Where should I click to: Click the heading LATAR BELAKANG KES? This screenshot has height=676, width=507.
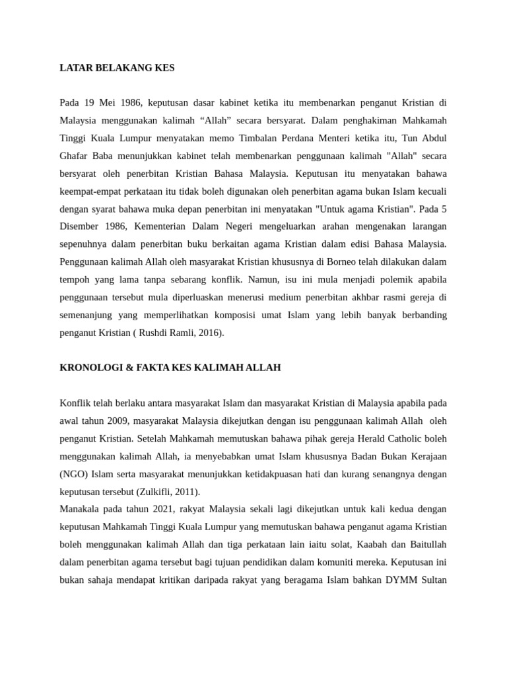tap(117, 68)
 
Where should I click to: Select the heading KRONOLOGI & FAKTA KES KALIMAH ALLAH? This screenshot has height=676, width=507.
tap(170, 367)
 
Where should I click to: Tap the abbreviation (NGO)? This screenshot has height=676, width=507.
tap(74, 474)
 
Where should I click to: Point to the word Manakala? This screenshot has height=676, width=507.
tap(82, 510)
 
